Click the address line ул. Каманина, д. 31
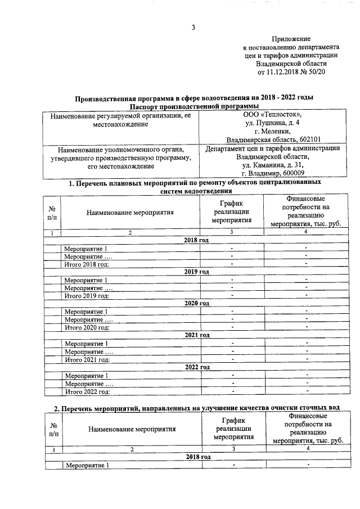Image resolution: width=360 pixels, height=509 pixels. pyautogui.click(x=272, y=165)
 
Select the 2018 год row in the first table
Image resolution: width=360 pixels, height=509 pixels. pyautogui.click(x=196, y=240)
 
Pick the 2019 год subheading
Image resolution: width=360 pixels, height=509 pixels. pyautogui.click(x=196, y=272)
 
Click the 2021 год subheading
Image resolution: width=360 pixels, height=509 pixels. pyautogui.click(x=196, y=335)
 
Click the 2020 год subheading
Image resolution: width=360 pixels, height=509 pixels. pyautogui.click(x=196, y=303)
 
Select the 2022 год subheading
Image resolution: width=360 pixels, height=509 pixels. pyautogui.click(x=196, y=367)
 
